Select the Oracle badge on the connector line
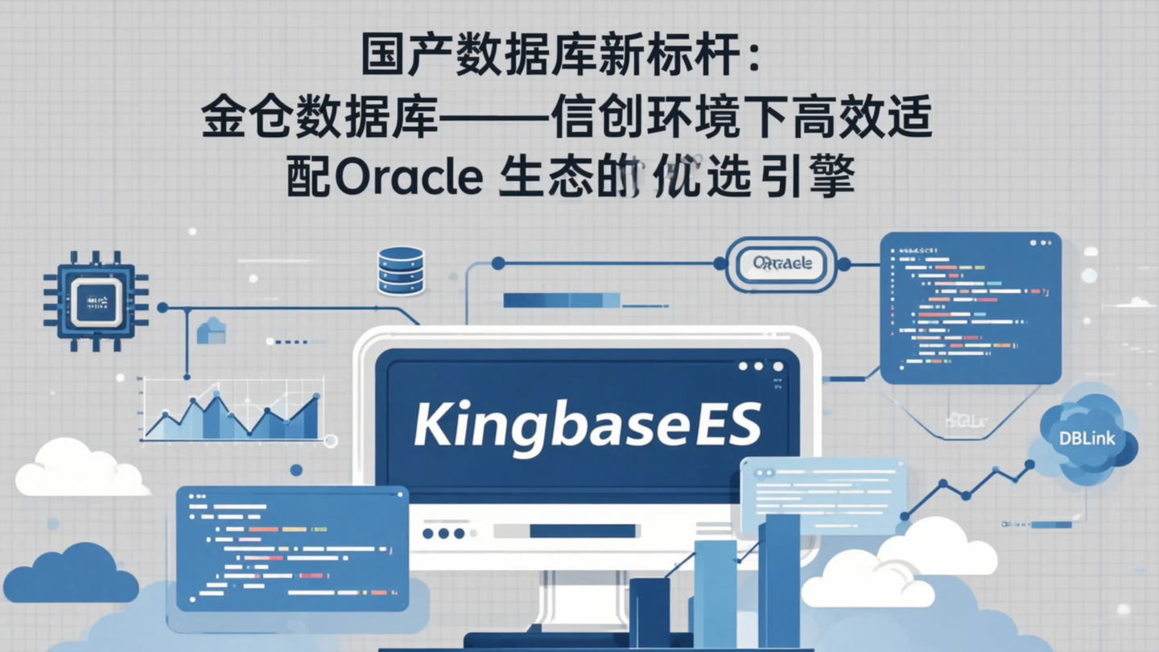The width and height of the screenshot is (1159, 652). pyautogui.click(x=782, y=263)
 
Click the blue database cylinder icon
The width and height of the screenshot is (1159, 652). pyautogui.click(x=401, y=270)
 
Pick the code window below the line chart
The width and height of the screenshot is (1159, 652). pyautogui.click(x=291, y=547)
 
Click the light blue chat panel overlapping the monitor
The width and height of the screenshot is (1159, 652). pyautogui.click(x=821, y=495)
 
